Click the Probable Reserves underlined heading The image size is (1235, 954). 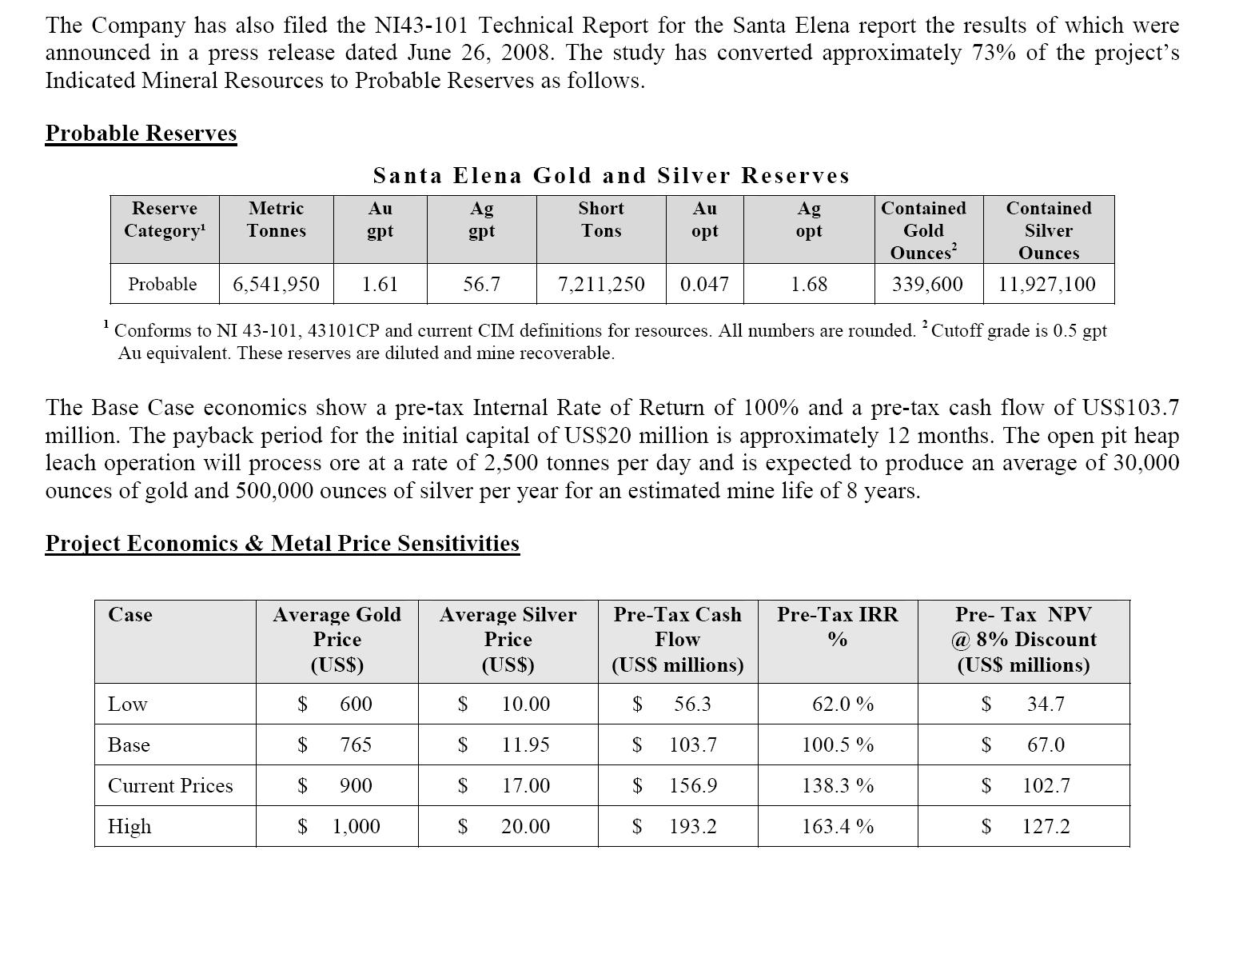pos(141,133)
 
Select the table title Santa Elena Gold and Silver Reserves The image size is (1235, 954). pos(612,175)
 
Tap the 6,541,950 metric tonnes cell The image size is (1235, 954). pos(276,284)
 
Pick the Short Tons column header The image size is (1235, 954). pos(601,219)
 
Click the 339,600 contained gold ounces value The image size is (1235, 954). pos(927,284)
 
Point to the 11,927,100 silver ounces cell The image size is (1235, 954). pos(1047,284)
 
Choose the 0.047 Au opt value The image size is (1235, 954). pos(704,284)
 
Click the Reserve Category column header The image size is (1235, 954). pos(164,219)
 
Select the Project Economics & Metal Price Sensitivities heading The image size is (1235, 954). pos(282,544)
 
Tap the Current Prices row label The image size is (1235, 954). pos(170,785)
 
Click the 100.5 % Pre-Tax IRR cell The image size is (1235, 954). pos(838,744)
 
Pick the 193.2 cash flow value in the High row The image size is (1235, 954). pos(693,826)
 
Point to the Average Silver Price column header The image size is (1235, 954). pos(508,639)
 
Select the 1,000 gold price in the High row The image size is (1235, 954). pos(356,826)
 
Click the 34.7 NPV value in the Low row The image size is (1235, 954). pos(1046,704)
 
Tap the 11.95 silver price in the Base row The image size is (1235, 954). pos(525,744)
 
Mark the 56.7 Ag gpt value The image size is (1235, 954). pos(481,284)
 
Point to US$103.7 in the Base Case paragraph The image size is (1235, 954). pos(1130,408)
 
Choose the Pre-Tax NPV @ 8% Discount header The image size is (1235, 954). pos(1023,639)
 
